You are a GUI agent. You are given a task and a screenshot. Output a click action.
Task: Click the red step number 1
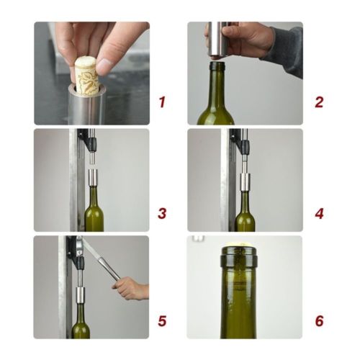click(x=162, y=102)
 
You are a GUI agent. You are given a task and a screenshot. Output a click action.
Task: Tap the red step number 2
click(x=318, y=102)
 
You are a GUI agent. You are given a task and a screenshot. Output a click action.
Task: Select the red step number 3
click(x=162, y=213)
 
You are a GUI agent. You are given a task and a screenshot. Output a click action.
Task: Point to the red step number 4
click(x=318, y=213)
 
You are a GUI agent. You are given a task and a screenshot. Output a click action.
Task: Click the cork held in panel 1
click(x=87, y=76)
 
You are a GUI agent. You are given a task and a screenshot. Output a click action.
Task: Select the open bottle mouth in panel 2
click(x=217, y=67)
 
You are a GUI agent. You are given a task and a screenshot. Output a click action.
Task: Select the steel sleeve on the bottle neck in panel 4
click(x=245, y=184)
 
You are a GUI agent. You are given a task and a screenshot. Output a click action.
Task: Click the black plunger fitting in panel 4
click(x=244, y=148)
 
